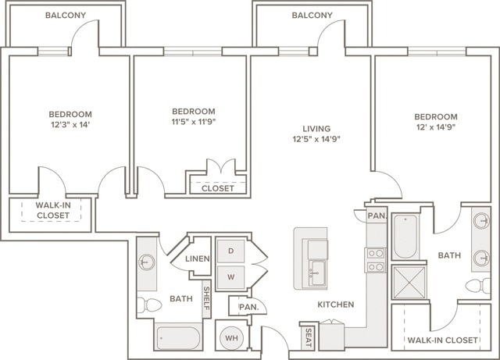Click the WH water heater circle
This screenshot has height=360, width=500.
pos(231,337)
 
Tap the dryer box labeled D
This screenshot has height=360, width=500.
pos(231,251)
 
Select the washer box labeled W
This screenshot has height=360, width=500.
pos(231,276)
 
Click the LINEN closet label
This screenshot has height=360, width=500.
pos(198,258)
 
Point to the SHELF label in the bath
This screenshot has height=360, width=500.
pos(206,298)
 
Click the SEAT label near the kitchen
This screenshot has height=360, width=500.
pos(309,337)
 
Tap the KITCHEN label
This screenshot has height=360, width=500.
pos(335,305)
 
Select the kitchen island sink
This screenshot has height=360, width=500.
pos(317,273)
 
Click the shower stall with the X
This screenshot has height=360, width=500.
pos(409,282)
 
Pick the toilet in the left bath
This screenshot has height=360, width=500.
pos(149,305)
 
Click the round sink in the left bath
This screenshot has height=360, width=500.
pos(147,262)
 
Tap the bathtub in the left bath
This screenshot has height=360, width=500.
pos(178,337)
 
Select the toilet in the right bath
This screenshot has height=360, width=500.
pos(477,285)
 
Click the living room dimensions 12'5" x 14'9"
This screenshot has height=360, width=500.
pos(316,139)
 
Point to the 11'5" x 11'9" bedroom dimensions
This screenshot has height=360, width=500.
pos(194,122)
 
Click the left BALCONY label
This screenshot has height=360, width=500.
pos(66,16)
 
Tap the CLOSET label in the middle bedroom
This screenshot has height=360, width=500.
pos(218,188)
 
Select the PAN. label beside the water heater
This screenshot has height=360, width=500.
pos(248,307)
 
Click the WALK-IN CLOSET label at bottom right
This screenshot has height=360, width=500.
pos(443,340)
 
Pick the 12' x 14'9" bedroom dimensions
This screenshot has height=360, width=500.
pos(436,127)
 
